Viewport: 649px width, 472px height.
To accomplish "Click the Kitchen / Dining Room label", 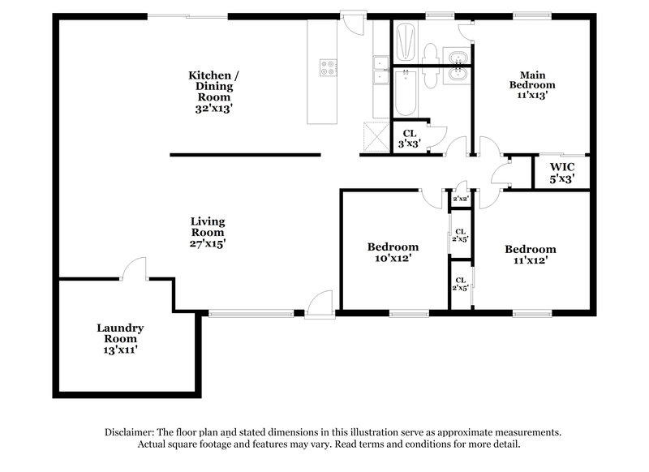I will [214, 92].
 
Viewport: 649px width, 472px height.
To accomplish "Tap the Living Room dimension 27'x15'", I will [208, 243].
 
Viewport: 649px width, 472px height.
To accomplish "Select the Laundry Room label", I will [120, 334].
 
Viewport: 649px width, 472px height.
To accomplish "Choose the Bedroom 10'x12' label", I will [393, 252].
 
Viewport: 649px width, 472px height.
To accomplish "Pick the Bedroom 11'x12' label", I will [530, 255].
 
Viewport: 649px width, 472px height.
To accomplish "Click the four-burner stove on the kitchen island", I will [329, 68].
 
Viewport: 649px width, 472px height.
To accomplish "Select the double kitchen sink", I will [380, 70].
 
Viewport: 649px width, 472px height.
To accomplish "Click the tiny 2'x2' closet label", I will [460, 199].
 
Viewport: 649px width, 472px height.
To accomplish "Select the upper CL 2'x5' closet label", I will [460, 235].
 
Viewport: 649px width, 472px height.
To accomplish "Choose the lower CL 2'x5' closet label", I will [460, 284].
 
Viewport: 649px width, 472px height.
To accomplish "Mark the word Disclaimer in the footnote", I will [132, 432].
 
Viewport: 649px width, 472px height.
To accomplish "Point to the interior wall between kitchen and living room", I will [244, 154].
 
